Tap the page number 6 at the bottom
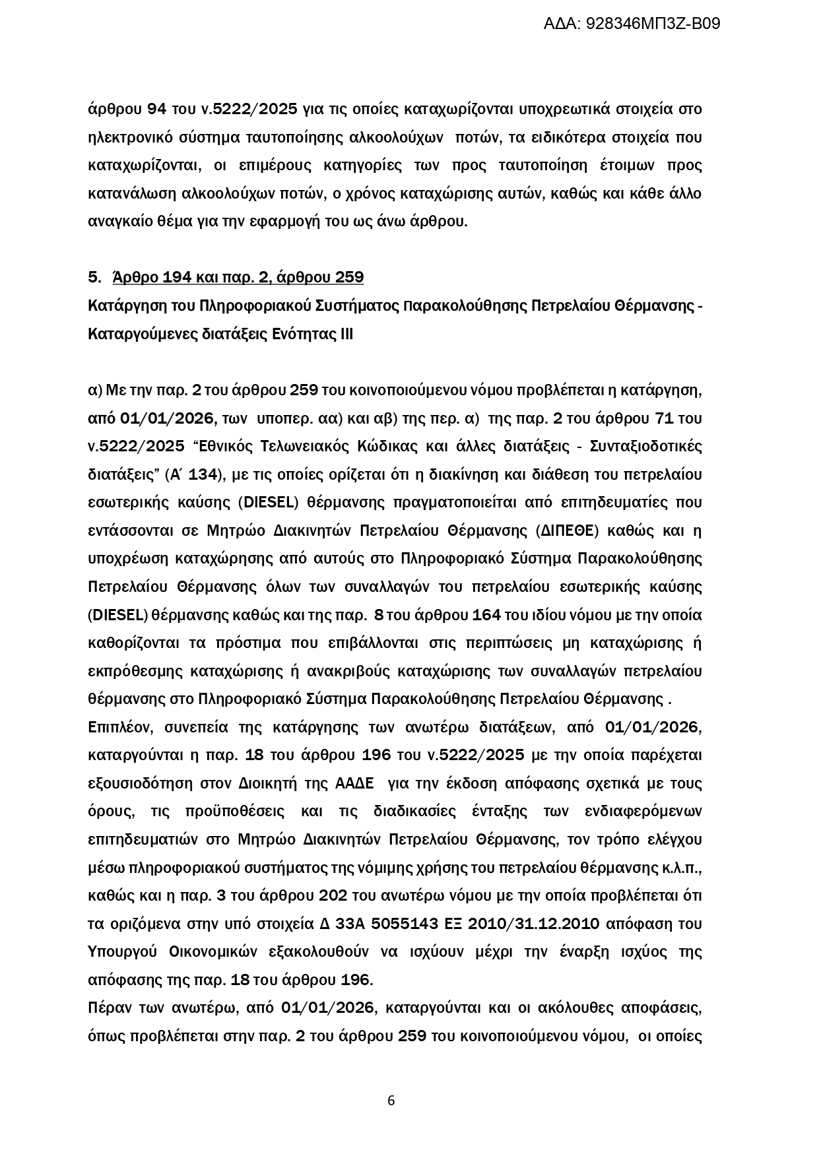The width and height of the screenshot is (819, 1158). (x=391, y=1100)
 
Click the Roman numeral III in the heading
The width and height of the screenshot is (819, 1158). (x=346, y=335)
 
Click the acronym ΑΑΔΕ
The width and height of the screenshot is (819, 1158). (x=354, y=784)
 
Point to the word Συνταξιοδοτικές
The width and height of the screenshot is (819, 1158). (x=646, y=447)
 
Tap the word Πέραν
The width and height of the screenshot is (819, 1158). (x=108, y=1008)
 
